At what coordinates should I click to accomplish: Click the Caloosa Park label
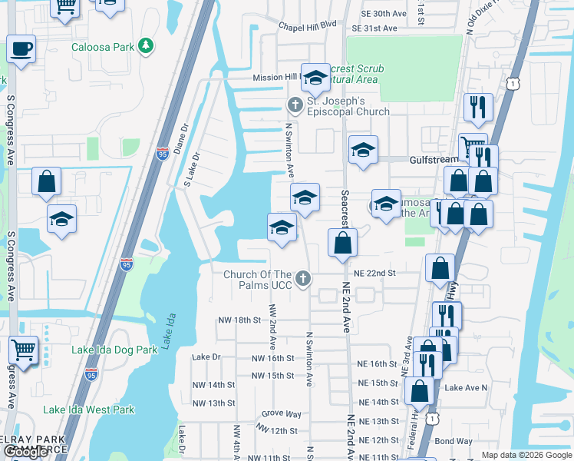tap(103, 47)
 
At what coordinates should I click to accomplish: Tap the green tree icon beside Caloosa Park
tap(145, 47)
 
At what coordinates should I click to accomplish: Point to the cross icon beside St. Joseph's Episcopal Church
tap(294, 104)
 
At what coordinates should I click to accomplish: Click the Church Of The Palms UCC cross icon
tap(303, 278)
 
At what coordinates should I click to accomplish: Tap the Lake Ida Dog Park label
tap(114, 350)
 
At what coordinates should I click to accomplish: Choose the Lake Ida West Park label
tap(88, 410)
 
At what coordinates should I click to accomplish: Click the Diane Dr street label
tap(181, 139)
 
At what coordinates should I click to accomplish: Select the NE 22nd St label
tap(374, 273)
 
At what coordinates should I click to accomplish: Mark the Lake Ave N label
tap(466, 388)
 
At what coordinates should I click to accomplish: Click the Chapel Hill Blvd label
tap(308, 25)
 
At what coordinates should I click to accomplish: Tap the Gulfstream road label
tap(434, 159)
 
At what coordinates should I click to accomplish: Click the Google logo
tap(26, 453)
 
